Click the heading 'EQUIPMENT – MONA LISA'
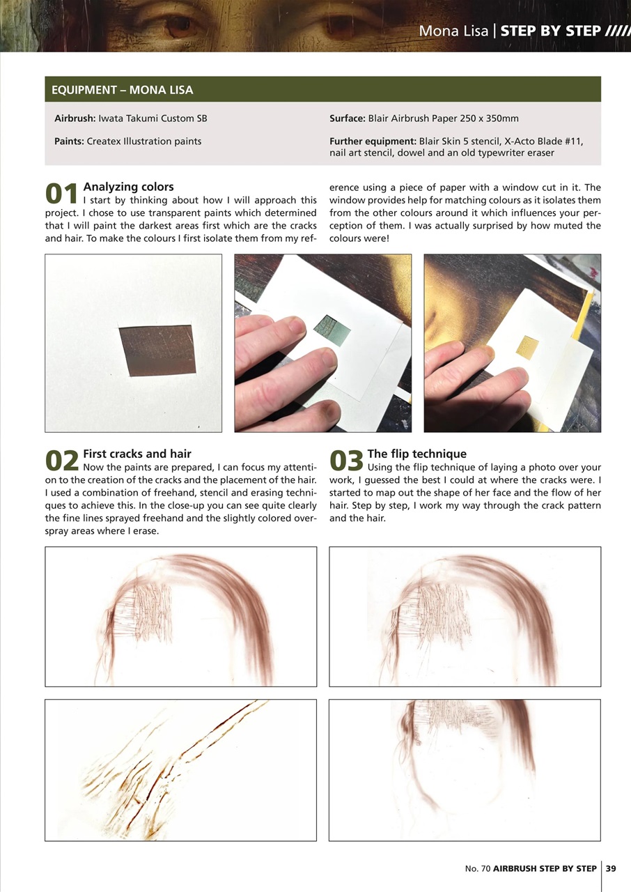coord(123,90)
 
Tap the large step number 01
coord(61,194)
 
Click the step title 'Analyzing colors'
coord(128,187)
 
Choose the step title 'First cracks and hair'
coord(137,454)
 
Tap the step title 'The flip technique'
coord(416,454)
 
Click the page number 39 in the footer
coord(611,868)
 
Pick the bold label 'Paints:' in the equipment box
coord(69,141)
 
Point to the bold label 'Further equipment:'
coord(373,141)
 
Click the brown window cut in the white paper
coord(157,351)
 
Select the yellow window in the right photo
coord(527,347)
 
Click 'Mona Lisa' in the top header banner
coord(453,31)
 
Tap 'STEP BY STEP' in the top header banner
coord(551,31)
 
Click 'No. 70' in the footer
coord(478,868)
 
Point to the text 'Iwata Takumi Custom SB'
coord(153,118)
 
